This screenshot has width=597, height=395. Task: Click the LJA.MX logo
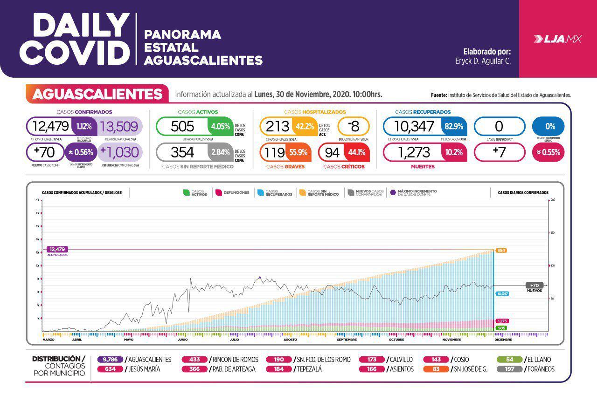coord(558,40)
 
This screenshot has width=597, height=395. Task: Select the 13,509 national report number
coord(119,126)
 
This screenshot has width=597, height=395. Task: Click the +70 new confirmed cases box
coord(45,152)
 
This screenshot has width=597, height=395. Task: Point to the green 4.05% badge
coord(220,126)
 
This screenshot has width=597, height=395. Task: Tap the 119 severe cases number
coord(275,152)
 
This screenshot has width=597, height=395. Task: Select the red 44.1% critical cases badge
coord(357,152)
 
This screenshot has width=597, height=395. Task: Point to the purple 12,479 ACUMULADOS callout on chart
coord(59,250)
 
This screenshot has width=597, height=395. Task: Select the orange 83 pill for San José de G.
coord(436,369)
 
